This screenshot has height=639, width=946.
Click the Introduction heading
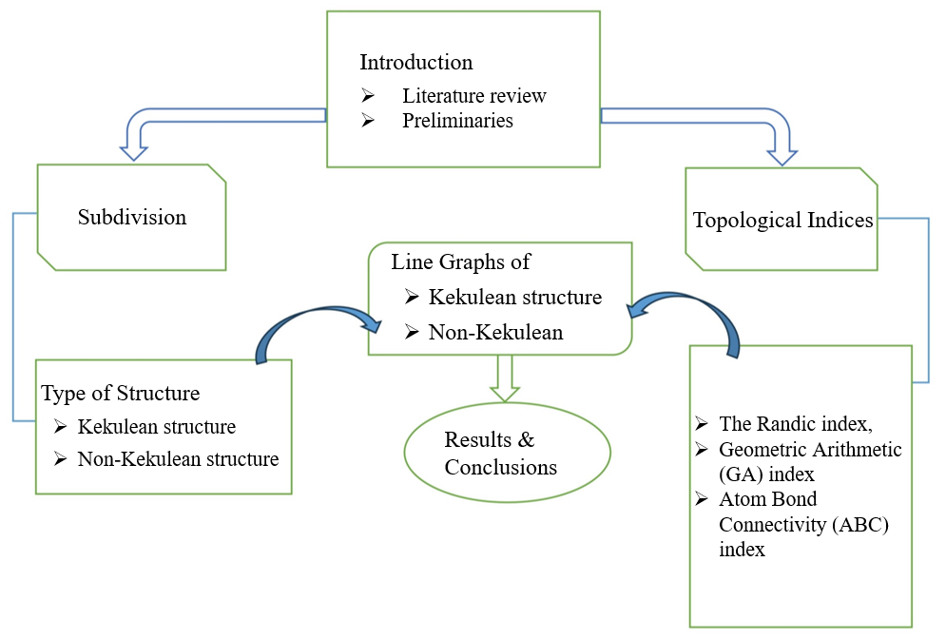(x=416, y=62)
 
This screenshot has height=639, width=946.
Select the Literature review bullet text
(x=474, y=95)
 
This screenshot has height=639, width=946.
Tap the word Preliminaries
(x=457, y=120)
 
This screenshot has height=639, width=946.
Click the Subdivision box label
(x=132, y=217)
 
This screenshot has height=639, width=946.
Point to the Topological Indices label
(x=782, y=221)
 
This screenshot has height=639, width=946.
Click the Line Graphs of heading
(x=460, y=261)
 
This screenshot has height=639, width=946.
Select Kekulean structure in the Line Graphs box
(x=515, y=297)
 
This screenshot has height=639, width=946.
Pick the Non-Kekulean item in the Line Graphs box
(x=495, y=332)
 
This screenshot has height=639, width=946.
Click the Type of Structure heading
(x=120, y=394)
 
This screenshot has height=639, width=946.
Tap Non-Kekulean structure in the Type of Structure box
(x=178, y=458)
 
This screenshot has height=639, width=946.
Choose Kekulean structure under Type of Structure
(x=156, y=427)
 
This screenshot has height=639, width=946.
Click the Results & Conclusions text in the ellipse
(x=500, y=454)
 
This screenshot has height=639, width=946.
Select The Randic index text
(x=795, y=424)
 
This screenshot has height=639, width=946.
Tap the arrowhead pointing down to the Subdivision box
(x=133, y=153)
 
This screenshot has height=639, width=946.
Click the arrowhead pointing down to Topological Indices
(x=782, y=158)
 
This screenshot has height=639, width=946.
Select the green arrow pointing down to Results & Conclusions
(x=504, y=378)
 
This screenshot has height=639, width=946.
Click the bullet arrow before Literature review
(x=367, y=95)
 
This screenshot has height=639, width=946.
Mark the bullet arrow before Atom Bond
(x=701, y=498)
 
